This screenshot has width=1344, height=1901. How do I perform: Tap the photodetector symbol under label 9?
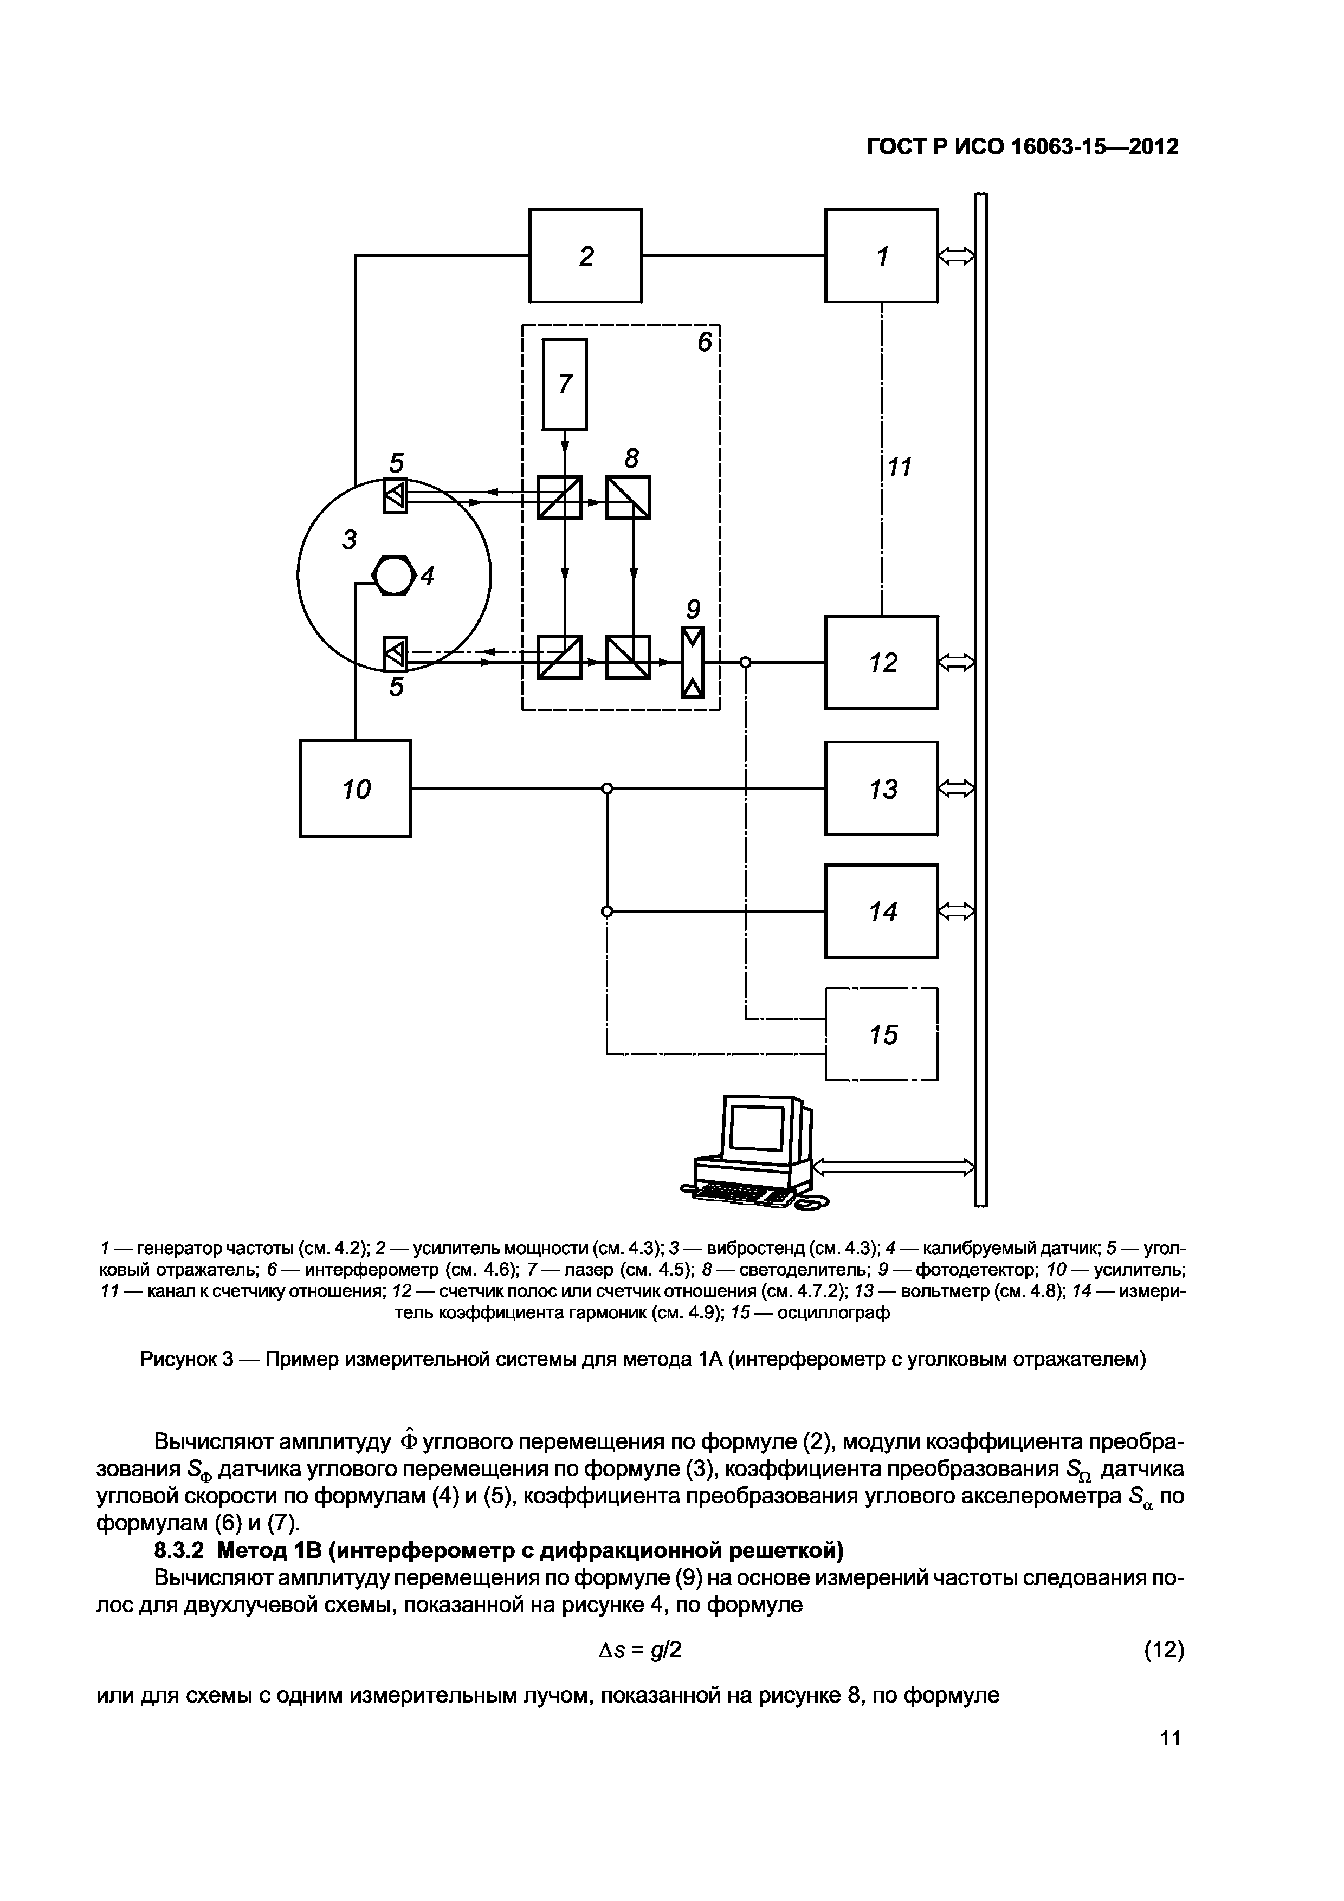coord(692,662)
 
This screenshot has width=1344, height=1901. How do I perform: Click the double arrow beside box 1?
coord(957,257)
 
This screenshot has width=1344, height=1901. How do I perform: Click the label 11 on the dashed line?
coord(899,468)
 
